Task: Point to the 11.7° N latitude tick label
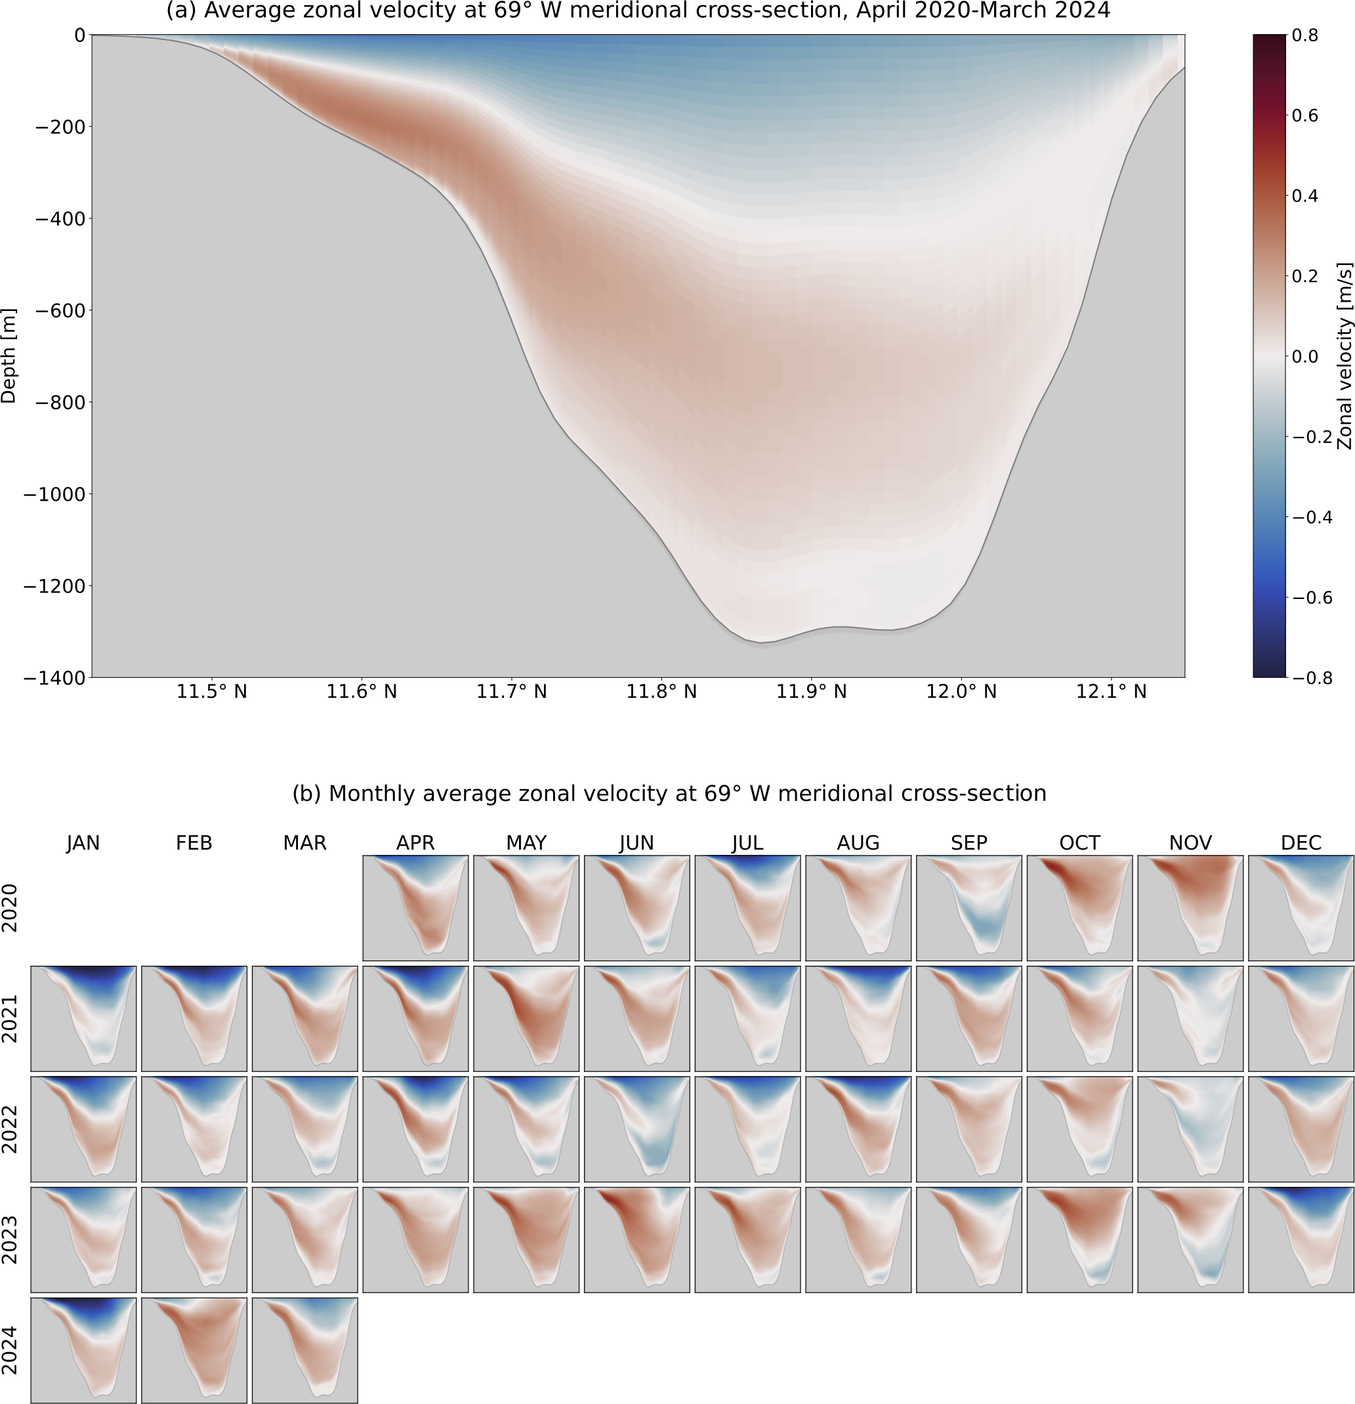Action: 512,692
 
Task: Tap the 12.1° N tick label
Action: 1112,692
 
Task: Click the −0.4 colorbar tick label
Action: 1312,517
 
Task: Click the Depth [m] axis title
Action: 9,356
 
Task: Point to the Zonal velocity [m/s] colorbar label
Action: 1345,356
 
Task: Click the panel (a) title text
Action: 638,10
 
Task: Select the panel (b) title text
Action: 669,794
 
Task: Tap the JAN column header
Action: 83,843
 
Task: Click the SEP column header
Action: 969,843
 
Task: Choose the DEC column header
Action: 1301,843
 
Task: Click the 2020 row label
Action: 9,907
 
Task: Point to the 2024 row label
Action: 9,1350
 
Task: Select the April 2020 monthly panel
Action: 415,907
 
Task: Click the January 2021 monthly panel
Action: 83,1019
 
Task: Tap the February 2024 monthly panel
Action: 194,1350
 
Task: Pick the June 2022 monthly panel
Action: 637,1129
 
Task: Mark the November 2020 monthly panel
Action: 1190,907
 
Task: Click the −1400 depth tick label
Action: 55,678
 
